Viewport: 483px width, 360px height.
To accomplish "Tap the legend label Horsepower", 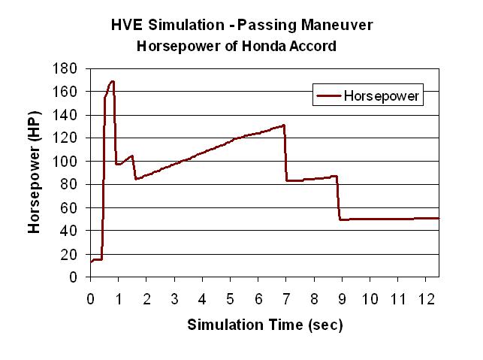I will point(381,96).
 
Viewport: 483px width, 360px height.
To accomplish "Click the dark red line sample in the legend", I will point(328,96).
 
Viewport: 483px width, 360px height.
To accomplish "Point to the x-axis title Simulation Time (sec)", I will point(264,325).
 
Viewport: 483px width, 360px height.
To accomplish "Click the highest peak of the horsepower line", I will point(113,81).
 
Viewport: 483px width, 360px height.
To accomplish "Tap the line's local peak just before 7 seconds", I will point(284,126).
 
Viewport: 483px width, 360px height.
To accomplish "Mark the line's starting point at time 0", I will point(91,262).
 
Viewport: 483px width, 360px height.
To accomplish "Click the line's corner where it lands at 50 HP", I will point(341,219).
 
